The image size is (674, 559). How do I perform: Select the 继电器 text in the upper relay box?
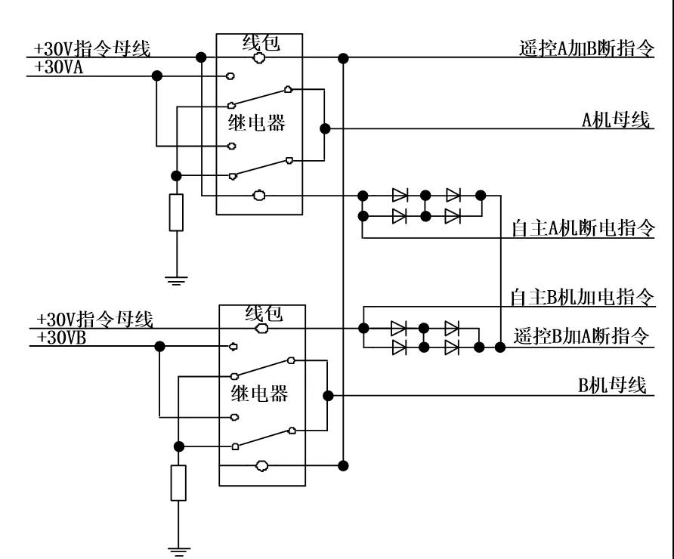click(257, 122)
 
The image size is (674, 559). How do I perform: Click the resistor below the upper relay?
click(176, 212)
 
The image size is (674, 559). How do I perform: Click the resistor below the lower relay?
click(178, 483)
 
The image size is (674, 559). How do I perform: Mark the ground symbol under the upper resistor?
click(176, 280)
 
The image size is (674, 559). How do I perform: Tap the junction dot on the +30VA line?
click(156, 76)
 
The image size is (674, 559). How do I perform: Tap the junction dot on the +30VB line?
click(159, 346)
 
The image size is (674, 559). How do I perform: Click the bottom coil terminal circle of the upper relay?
click(259, 196)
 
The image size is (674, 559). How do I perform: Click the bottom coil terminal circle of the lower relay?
click(261, 465)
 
